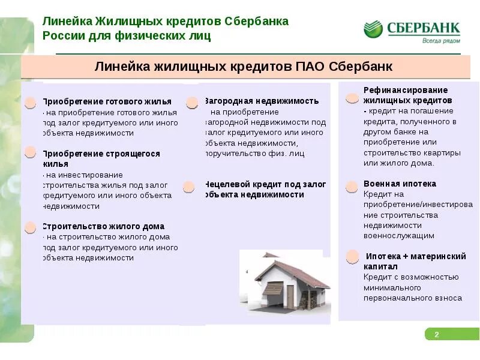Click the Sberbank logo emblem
point(373,29)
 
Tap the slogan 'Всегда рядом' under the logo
point(441,41)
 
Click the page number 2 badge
point(437,334)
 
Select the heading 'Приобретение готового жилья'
point(107,101)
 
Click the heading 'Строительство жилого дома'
point(103,226)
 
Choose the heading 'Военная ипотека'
point(400,184)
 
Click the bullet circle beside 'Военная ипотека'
point(352,188)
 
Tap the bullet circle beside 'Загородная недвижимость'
point(192,103)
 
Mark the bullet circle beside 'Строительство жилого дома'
point(30,227)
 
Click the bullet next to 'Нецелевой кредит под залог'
point(188,187)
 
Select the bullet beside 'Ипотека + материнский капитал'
point(352,257)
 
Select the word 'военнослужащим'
point(399,236)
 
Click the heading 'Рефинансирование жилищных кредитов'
point(406,95)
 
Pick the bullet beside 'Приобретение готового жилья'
point(30,103)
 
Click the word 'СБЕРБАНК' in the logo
point(423,28)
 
